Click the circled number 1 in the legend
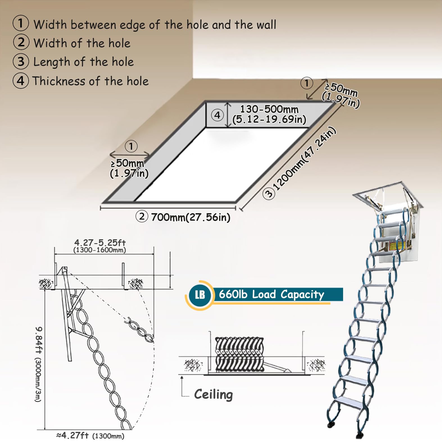tap(21, 23)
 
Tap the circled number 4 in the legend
tap(21, 81)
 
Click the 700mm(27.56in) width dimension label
tap(191, 217)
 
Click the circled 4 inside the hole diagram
tap(217, 115)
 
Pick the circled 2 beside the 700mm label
tap(142, 217)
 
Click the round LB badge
tap(200, 295)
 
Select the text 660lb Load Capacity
tap(271, 295)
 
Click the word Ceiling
tap(214, 394)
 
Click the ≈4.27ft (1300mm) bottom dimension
tap(90, 436)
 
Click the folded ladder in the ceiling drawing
tap(239, 354)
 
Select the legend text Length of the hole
tap(83, 62)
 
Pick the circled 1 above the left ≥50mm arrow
tap(131, 146)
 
